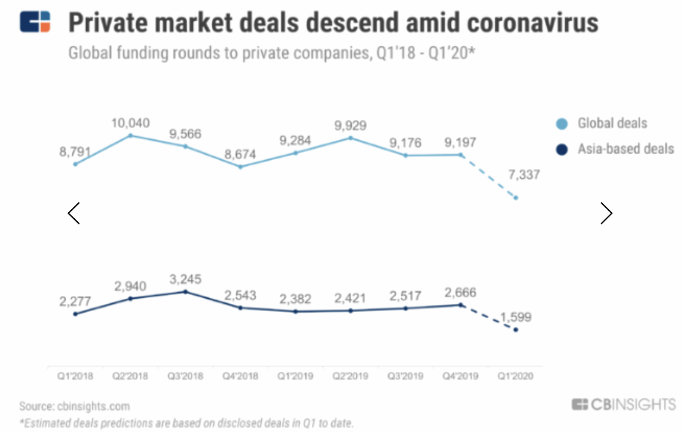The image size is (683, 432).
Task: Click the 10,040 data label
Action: coord(131,123)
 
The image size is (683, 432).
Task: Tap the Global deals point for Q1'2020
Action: coord(516,198)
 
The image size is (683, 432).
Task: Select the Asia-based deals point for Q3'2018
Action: coord(185,292)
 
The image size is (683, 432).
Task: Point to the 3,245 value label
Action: coord(185,279)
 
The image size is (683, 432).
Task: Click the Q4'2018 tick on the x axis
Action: coord(240,376)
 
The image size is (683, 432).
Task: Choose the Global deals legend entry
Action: coord(612,123)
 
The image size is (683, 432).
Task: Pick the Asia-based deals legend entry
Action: coord(625,149)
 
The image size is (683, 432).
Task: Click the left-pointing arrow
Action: coord(74,213)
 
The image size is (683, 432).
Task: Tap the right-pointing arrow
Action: coord(606,213)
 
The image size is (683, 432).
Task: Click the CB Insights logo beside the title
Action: coord(35,21)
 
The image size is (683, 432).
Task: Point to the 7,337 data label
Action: coord(524,174)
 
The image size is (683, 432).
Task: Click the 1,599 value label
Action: coord(516,317)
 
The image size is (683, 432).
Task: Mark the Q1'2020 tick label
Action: coord(515,376)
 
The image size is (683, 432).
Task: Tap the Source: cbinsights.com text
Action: coord(74,406)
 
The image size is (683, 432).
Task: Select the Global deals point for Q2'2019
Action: coord(350,138)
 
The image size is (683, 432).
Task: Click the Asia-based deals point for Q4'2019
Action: coord(461,305)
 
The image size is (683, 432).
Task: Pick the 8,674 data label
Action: coord(240,154)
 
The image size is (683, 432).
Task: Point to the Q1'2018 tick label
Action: coord(75,376)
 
